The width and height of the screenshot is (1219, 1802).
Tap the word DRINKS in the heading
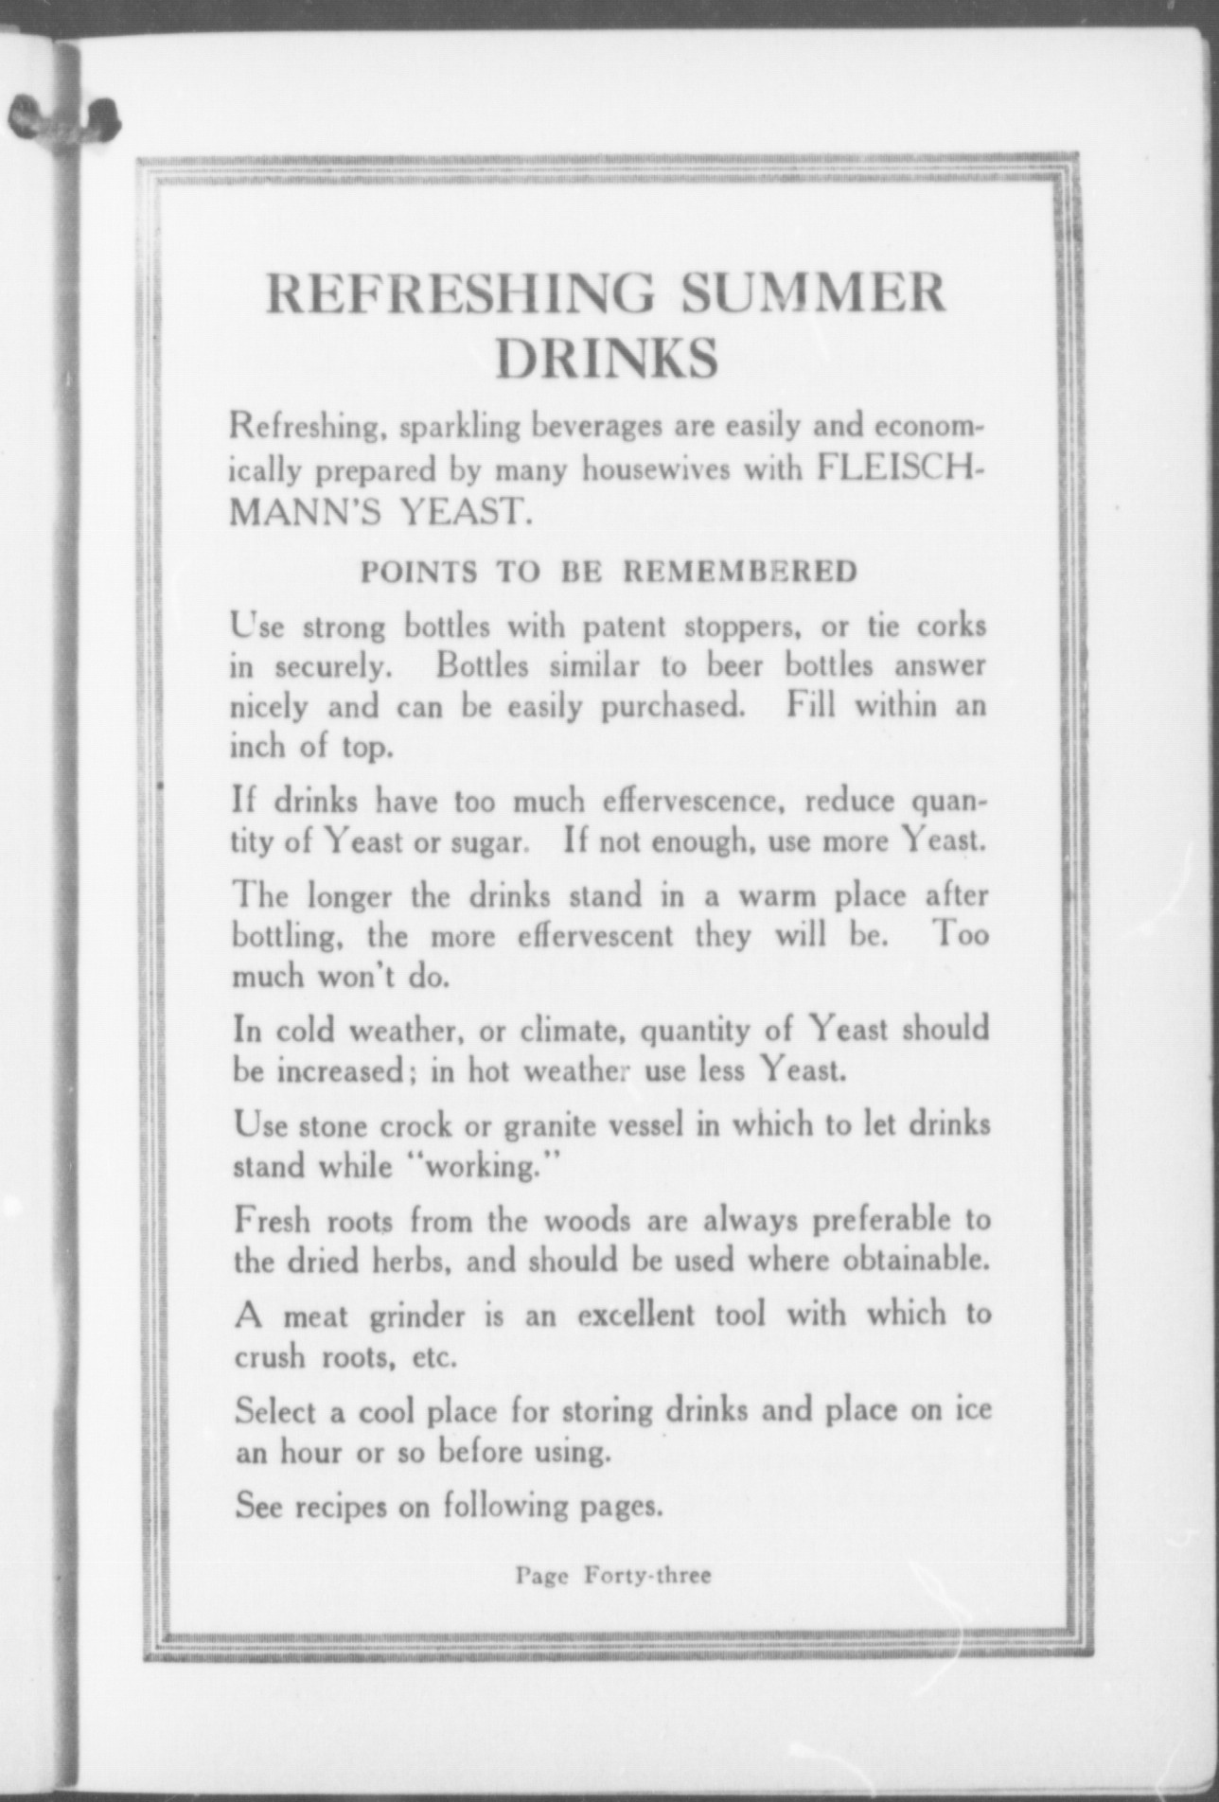click(607, 360)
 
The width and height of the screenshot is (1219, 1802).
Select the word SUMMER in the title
click(812, 293)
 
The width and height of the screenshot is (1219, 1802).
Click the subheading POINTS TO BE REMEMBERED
click(609, 572)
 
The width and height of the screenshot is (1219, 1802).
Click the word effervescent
click(596, 936)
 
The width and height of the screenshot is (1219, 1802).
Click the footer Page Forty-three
click(612, 1576)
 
